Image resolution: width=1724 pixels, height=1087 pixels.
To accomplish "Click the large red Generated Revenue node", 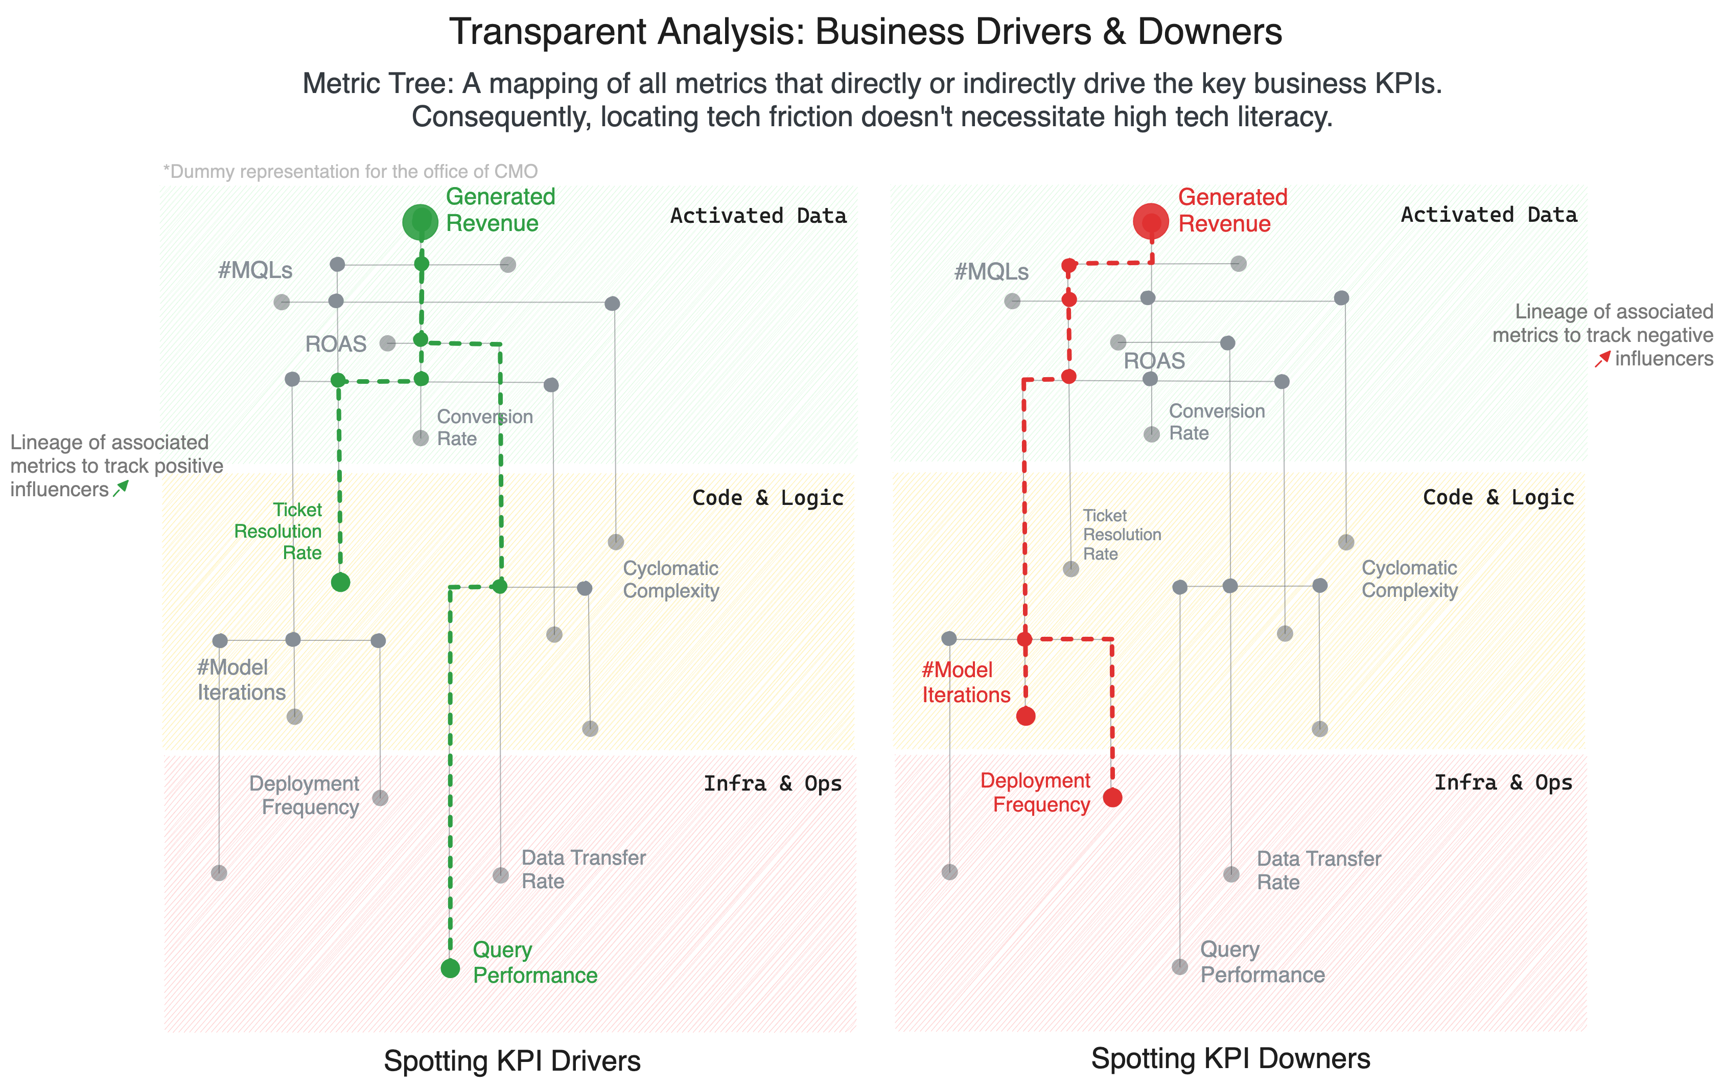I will point(1151,221).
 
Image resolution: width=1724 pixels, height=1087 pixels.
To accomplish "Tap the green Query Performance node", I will point(450,968).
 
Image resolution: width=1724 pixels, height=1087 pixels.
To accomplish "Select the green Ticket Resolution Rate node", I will point(340,582).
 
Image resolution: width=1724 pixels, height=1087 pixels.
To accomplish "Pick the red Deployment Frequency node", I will point(1112,797).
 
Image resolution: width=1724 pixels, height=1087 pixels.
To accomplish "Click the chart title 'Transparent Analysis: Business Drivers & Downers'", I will point(865,32).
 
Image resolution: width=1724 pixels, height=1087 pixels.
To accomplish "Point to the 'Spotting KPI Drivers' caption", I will point(512,1060).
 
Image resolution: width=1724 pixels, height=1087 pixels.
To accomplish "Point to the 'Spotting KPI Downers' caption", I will point(1230,1058).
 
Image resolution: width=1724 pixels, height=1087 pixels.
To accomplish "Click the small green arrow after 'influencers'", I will point(121,489).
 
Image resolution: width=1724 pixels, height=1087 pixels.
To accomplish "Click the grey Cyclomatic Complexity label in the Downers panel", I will point(1408,579).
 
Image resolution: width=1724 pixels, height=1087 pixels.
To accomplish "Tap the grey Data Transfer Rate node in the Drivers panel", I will point(500,875).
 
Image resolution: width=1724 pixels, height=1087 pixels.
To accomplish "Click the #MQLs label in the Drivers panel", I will point(255,271).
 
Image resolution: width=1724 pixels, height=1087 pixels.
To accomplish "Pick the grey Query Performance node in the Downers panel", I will point(1179,967).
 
